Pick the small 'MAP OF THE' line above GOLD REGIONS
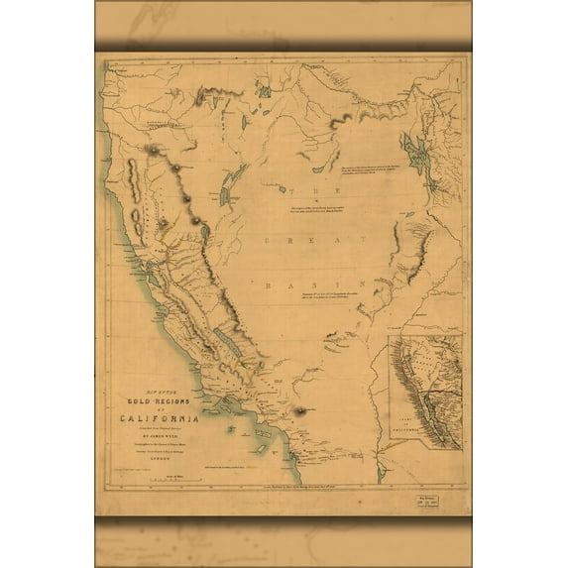pos(159,391)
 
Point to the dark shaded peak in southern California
pos(299,409)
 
